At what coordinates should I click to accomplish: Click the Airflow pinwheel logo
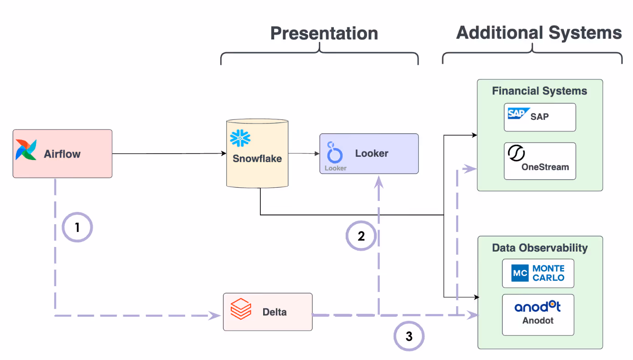(x=26, y=150)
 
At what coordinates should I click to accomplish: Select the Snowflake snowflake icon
(x=240, y=138)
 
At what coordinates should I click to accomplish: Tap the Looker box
(x=368, y=154)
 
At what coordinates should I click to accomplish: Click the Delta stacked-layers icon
(x=240, y=309)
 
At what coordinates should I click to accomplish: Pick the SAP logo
(x=518, y=114)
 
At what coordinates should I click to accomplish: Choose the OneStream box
(x=540, y=161)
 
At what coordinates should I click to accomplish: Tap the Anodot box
(x=538, y=314)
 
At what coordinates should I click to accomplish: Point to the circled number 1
(x=77, y=227)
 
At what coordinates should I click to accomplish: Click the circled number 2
(x=361, y=236)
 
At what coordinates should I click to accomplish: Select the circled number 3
(x=409, y=336)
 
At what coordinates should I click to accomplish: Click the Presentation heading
(x=324, y=33)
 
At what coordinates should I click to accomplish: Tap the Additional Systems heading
(x=539, y=32)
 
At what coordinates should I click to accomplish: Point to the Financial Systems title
(x=540, y=91)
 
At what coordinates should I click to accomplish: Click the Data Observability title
(x=540, y=248)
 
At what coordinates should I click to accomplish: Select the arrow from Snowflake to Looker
(x=304, y=154)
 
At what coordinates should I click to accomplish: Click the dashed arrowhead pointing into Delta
(x=214, y=315)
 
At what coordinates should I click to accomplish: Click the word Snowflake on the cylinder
(x=257, y=159)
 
